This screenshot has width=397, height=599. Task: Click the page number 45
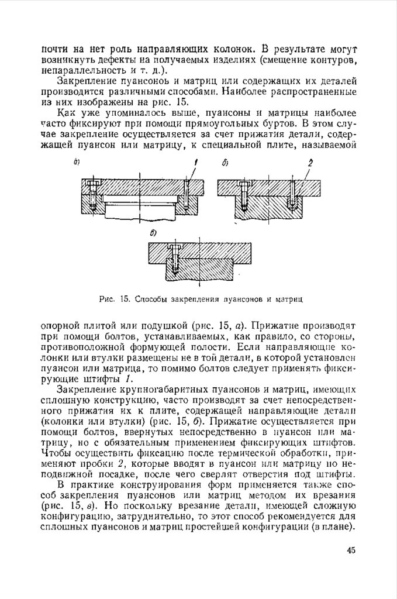[350, 550]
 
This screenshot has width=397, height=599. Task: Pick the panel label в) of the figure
[154, 233]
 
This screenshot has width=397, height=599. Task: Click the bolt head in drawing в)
[174, 247]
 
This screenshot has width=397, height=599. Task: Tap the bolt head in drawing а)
[91, 183]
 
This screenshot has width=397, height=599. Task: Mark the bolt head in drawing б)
[243, 184]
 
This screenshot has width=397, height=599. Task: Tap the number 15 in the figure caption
[123, 299]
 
